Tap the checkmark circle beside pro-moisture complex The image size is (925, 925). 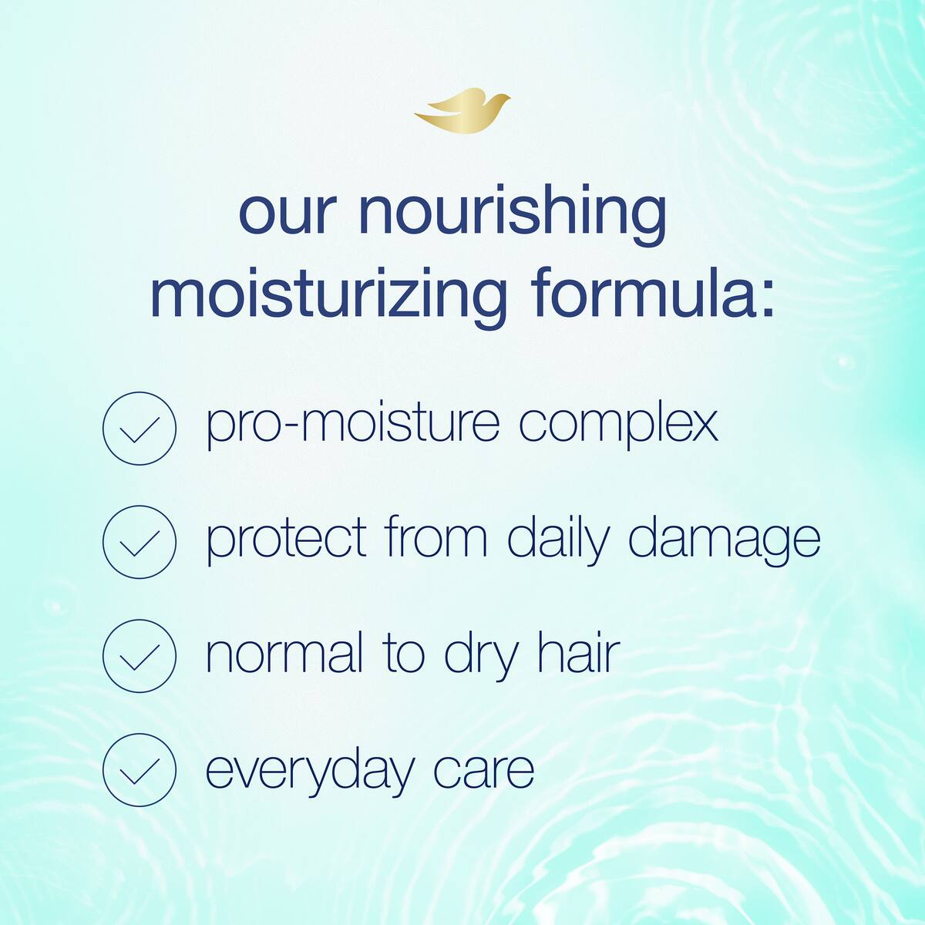click(x=140, y=428)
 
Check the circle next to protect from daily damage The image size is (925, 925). click(x=140, y=542)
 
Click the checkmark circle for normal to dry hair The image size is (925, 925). click(x=140, y=656)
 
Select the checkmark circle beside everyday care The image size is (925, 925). click(x=140, y=769)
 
